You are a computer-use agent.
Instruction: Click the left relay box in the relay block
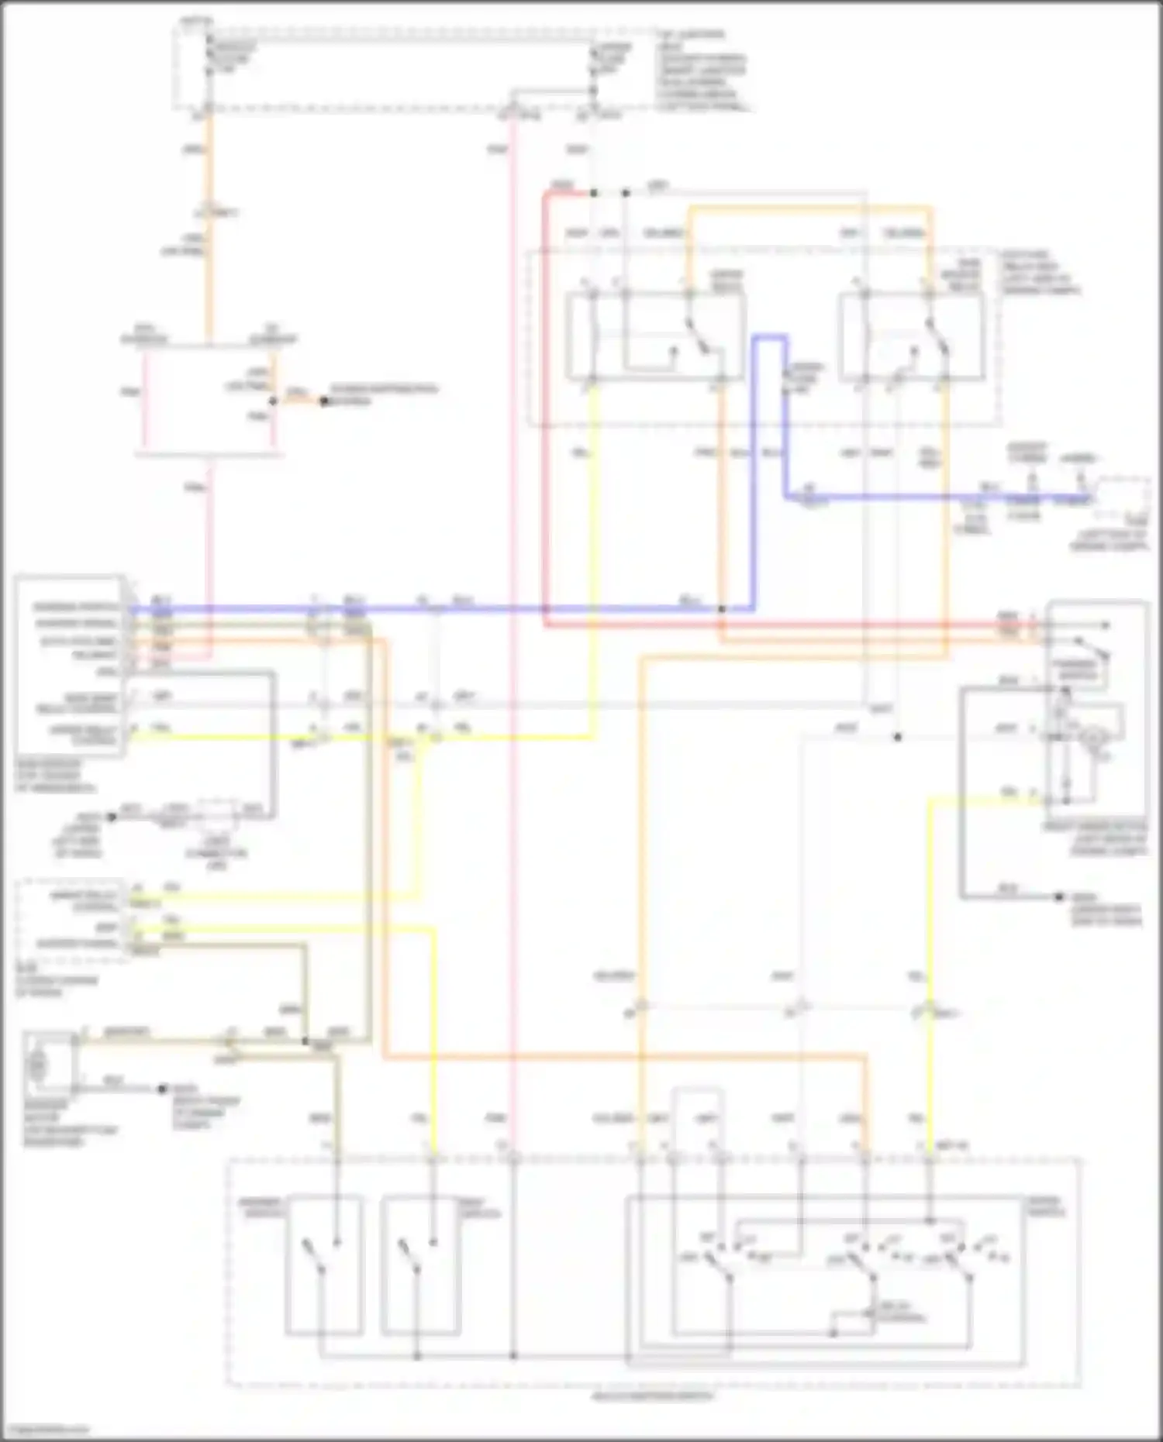[x=655, y=337]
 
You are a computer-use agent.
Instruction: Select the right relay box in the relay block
[x=911, y=337]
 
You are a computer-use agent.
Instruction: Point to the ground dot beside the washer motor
[x=163, y=1089]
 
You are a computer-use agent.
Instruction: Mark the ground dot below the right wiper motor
[x=1059, y=897]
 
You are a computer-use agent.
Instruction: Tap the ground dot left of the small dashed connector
[x=112, y=817]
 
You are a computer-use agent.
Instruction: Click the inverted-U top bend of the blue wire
[x=771, y=337]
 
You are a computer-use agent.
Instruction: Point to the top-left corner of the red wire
[x=546, y=195]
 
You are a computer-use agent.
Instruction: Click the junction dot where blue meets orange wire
[x=721, y=609]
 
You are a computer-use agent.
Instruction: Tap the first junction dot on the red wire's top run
[x=593, y=192]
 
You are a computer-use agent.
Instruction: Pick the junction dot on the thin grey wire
[x=897, y=737]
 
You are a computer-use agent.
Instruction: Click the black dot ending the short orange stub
[x=324, y=401]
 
